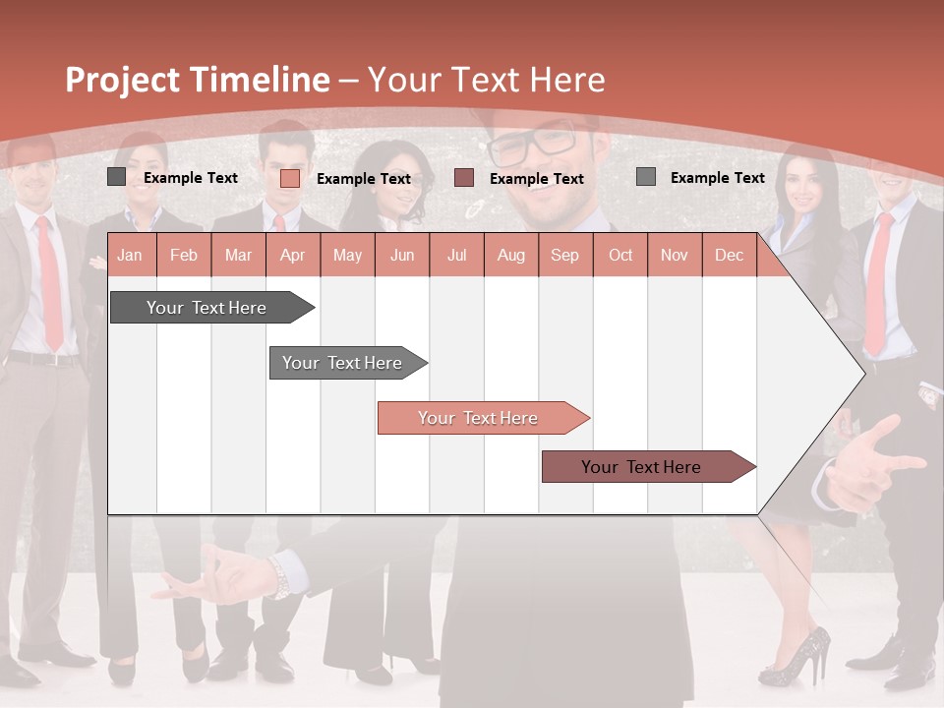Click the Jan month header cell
pyautogui.click(x=130, y=256)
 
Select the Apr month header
pyautogui.click(x=292, y=256)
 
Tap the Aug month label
pyautogui.click(x=510, y=256)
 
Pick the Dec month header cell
pyautogui.click(x=729, y=256)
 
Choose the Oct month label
pyautogui.click(x=620, y=256)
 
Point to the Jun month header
pyautogui.click(x=402, y=256)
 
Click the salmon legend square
pyautogui.click(x=290, y=178)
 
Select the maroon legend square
pyautogui.click(x=464, y=178)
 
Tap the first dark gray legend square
pyautogui.click(x=117, y=177)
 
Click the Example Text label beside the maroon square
pyautogui.click(x=536, y=179)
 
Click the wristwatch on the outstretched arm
pyautogui.click(x=280, y=574)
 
